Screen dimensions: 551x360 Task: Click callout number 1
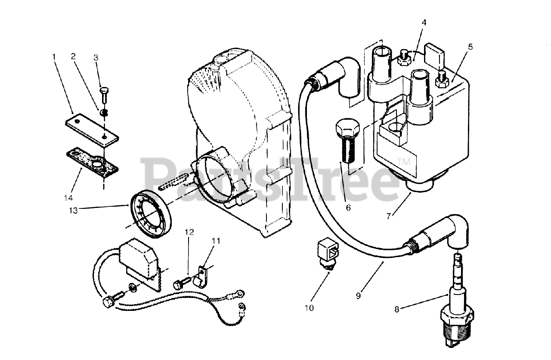click(54, 56)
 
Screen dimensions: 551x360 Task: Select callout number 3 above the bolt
click(96, 57)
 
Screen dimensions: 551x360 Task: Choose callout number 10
click(309, 308)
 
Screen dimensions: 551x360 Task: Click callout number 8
click(396, 308)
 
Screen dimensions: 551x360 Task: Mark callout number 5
click(470, 47)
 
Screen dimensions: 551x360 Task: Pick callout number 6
click(348, 208)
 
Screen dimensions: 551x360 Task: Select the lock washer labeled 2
click(104, 113)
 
